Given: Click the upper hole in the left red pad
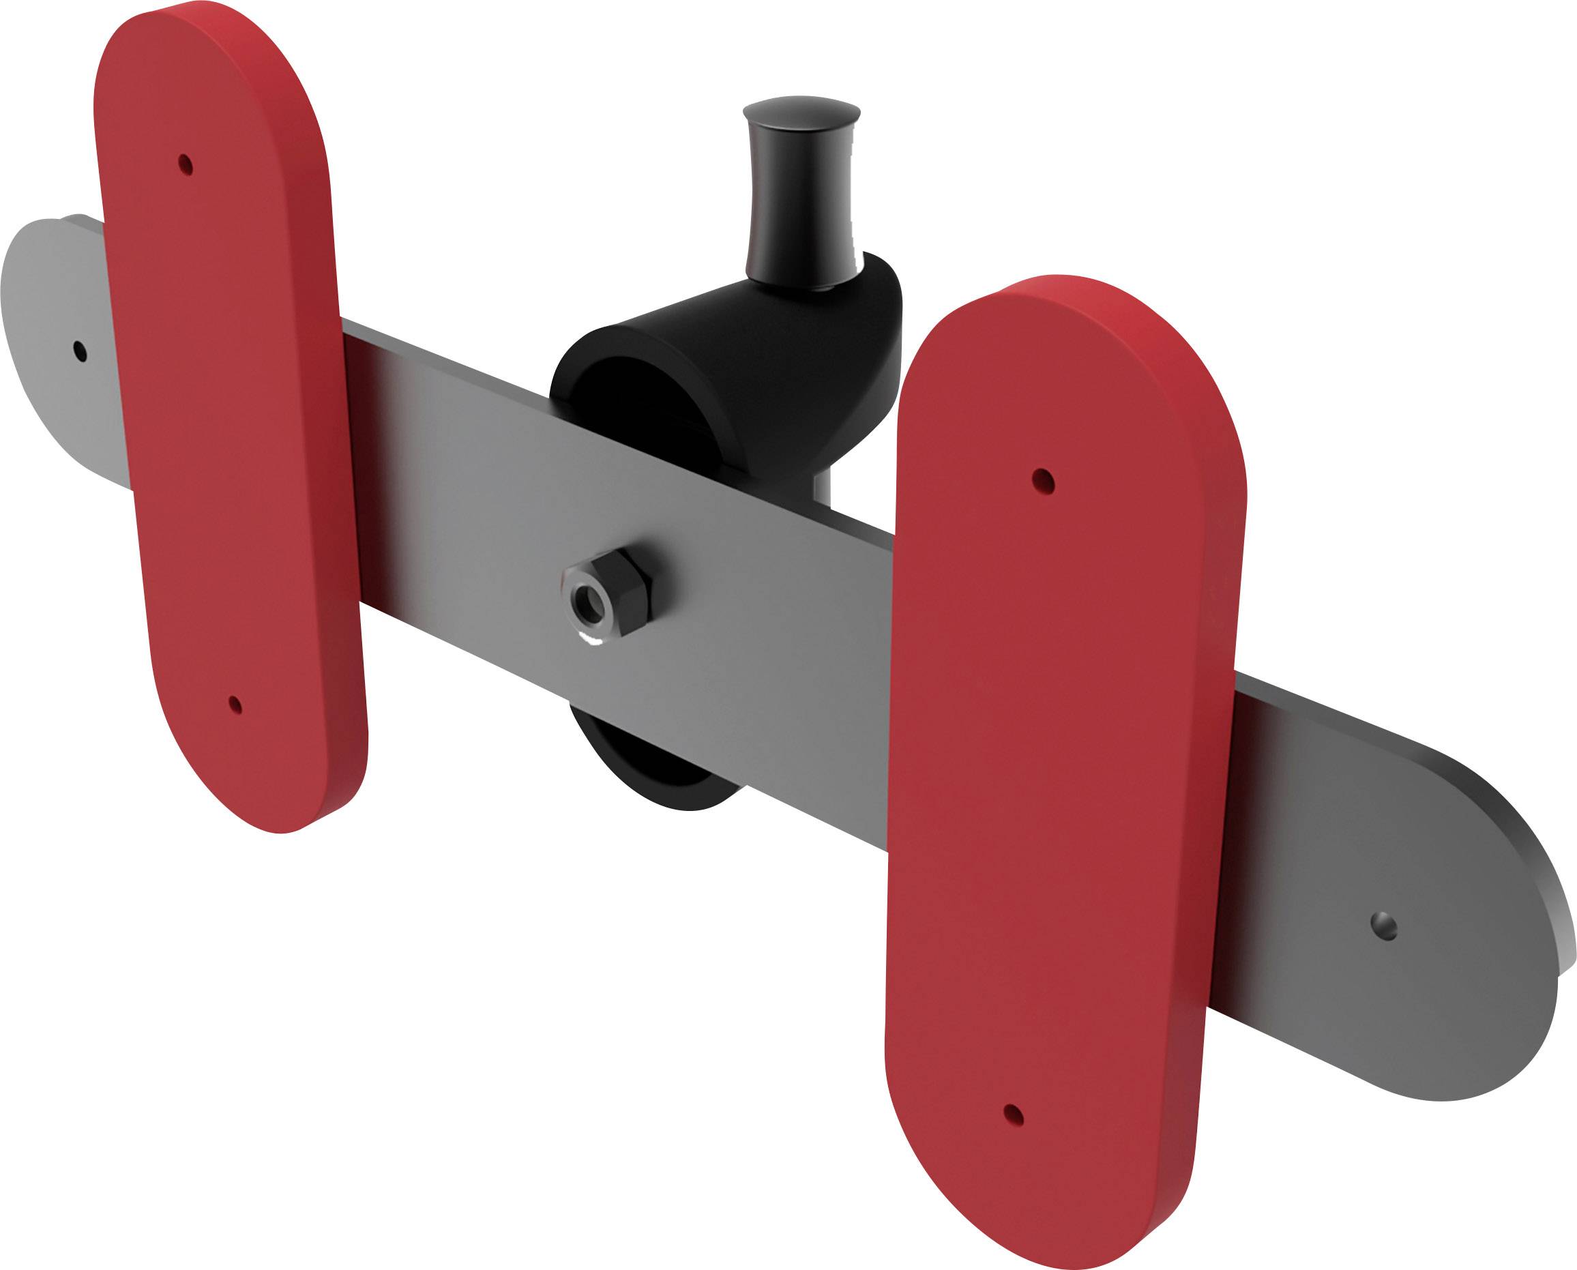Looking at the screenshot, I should (186, 164).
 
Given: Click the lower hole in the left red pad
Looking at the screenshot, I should (235, 705).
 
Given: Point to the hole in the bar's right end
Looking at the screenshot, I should (1383, 927).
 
